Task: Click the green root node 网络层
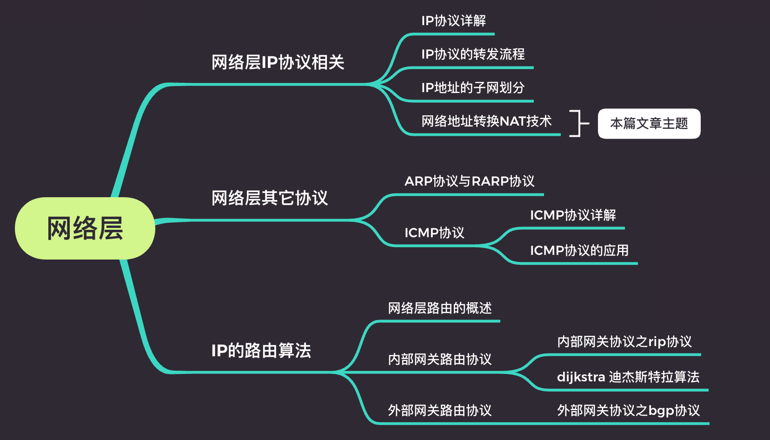85,228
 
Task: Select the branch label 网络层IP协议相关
278,62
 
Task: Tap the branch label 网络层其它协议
270,198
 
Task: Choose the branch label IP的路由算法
261,351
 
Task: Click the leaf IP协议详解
453,21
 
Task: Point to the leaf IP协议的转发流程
473,54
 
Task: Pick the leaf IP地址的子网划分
473,88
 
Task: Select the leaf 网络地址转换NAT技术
486,121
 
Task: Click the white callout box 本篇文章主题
649,124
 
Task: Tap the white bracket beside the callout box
578,124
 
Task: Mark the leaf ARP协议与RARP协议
470,181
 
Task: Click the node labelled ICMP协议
434,233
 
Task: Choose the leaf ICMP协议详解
573,215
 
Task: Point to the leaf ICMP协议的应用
579,251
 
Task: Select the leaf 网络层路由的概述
440,308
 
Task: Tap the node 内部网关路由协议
440,360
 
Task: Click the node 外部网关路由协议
440,411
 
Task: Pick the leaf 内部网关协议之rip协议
624,342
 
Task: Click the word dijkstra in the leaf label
581,377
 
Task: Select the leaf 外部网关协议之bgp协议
628,411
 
